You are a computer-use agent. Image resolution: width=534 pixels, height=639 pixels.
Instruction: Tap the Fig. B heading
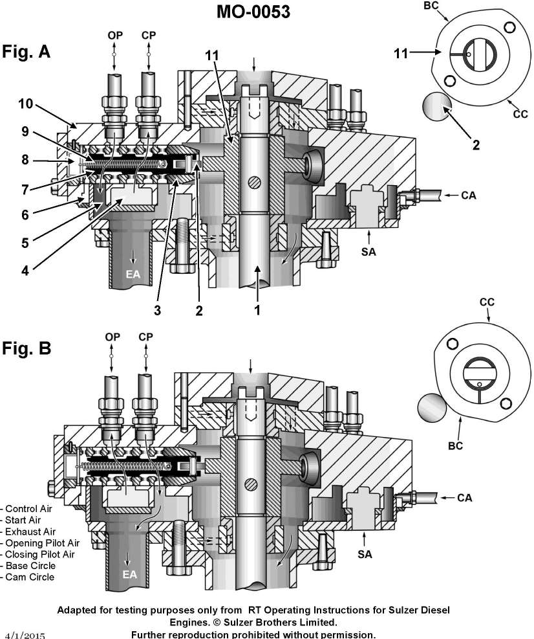27,348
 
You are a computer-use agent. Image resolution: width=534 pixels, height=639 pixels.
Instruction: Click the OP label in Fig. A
114,36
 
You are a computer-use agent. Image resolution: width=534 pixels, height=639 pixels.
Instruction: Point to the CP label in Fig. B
148,337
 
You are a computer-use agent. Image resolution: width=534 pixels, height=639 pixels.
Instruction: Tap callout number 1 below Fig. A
257,310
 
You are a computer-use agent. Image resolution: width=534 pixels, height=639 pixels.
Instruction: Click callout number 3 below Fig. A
157,310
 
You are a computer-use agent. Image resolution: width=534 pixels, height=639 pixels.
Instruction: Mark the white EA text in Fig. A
133,275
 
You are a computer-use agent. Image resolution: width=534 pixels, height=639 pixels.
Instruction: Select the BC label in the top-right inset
430,6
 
